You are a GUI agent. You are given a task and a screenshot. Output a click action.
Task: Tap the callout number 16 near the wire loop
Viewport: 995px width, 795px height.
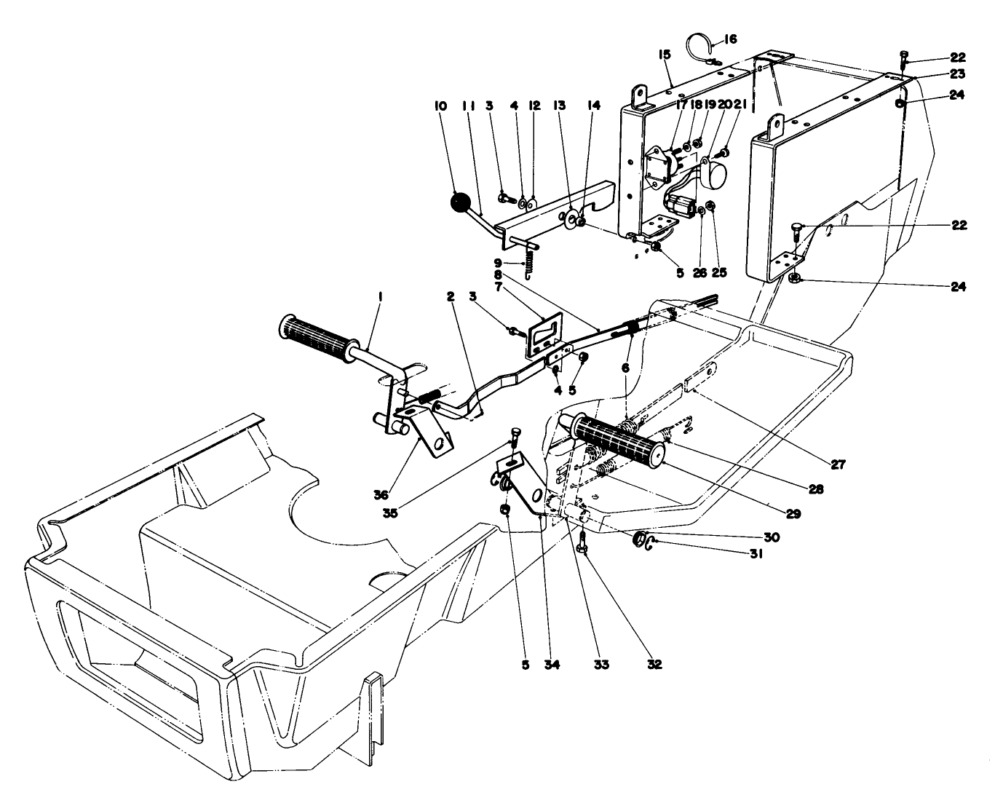(x=730, y=39)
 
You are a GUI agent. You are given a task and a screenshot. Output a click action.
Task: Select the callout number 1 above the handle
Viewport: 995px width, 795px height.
(x=380, y=297)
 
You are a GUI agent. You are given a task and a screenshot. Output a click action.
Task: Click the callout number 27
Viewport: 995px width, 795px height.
(x=838, y=464)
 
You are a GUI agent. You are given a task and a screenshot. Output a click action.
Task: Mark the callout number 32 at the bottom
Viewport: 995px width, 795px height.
(x=654, y=664)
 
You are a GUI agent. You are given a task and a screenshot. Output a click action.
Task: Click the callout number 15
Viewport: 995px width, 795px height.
(x=664, y=55)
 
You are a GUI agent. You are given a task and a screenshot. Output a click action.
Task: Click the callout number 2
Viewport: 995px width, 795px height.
(x=451, y=297)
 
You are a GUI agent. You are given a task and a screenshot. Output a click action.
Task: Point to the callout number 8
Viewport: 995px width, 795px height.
(x=497, y=276)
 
